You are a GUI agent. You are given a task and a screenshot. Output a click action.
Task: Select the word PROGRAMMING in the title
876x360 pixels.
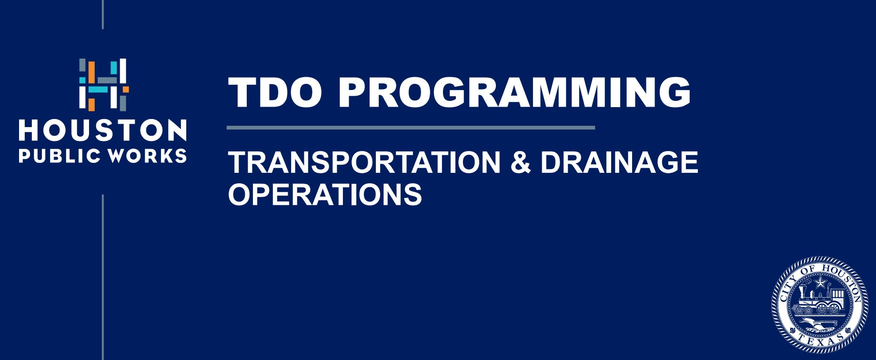(514, 92)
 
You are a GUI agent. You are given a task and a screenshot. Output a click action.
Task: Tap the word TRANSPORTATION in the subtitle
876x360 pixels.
(364, 162)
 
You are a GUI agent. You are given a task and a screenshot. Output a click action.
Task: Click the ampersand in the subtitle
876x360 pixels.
(520, 162)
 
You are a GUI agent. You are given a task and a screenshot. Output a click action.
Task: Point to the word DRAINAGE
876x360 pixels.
(619, 162)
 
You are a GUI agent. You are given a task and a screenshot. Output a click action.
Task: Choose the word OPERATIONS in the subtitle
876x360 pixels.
(325, 194)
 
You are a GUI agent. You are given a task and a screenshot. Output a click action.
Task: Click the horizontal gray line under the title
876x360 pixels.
(411, 128)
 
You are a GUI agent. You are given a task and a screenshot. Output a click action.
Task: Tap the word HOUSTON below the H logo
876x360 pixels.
(102, 131)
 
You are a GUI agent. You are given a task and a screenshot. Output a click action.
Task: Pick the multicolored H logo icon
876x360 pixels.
(103, 85)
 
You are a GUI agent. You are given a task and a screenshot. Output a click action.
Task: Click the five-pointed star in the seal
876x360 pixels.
(820, 283)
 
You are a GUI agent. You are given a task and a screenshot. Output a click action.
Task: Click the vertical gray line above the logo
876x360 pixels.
(102, 14)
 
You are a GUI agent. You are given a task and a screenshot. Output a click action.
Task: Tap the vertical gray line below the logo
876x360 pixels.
(102, 277)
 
